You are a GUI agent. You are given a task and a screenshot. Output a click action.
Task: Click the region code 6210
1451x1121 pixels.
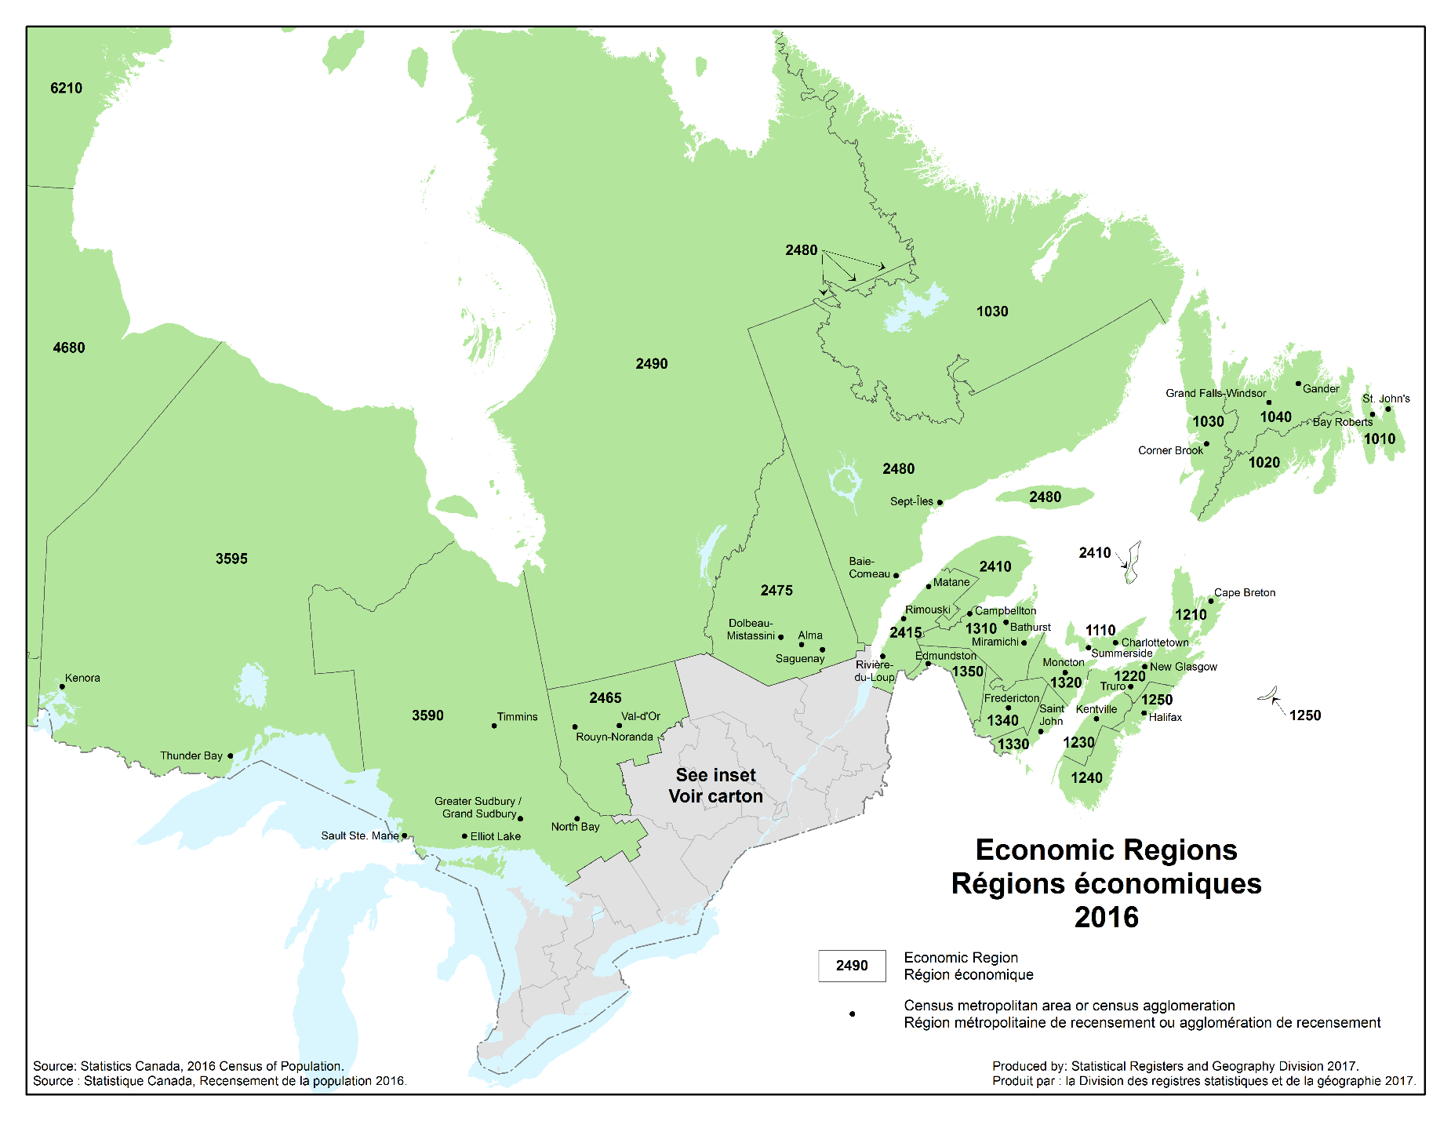pos(66,88)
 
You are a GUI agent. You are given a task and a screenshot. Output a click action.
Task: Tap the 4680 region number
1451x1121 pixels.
pos(69,348)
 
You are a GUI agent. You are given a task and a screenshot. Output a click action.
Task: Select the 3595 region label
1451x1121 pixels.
pos(231,559)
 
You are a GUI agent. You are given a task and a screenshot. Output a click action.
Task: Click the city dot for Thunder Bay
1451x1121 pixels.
pos(230,756)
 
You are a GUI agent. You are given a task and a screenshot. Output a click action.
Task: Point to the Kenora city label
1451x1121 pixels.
pos(82,678)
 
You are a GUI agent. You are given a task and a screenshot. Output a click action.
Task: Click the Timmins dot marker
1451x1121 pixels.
pos(494,726)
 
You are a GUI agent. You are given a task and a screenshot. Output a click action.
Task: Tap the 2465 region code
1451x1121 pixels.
pos(605,697)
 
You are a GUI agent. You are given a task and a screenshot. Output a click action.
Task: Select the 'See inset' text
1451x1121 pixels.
pos(715,775)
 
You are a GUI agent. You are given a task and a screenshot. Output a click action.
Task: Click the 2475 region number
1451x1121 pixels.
pos(776,590)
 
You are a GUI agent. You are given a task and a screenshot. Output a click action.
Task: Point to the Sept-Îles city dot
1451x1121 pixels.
pos(940,502)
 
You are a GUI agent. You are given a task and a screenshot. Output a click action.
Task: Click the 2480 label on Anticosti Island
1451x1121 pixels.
pos(1045,497)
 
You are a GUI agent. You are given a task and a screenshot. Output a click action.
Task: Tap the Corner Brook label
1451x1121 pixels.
pos(1170,450)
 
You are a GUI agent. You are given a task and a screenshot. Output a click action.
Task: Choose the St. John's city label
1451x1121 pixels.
pos(1386,399)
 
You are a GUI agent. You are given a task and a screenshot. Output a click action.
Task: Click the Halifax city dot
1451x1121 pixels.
pos(1144,714)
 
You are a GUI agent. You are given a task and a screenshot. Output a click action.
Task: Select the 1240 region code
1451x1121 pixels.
pos(1086,777)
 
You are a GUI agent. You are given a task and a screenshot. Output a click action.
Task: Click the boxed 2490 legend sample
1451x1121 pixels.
pos(852,966)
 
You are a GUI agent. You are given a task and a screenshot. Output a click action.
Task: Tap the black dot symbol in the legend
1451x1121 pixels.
pos(853,1014)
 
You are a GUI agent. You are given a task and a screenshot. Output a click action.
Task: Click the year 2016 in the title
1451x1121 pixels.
pos(1106,917)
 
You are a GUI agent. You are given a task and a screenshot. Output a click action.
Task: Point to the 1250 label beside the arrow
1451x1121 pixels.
pos(1305,715)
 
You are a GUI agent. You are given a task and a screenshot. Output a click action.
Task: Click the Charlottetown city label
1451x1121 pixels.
pos(1155,642)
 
